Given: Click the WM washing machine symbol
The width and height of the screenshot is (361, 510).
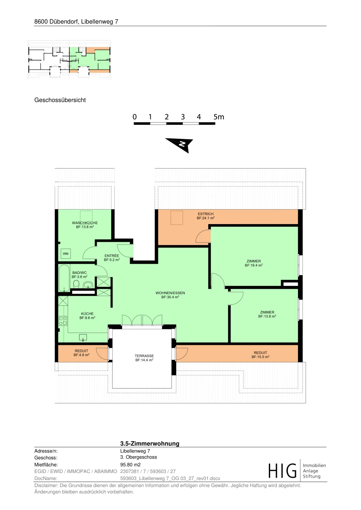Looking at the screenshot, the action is pyautogui.click(x=66, y=254).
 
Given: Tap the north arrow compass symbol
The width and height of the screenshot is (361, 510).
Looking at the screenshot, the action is pyautogui.click(x=180, y=145).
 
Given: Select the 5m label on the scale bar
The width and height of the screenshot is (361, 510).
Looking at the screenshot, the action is pyautogui.click(x=219, y=117).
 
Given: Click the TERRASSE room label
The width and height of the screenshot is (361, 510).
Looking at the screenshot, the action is pyautogui.click(x=144, y=358).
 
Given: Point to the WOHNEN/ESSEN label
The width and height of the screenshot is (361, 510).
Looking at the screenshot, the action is pyautogui.click(x=170, y=295).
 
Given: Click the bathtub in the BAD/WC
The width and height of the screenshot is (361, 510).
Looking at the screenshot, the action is pyautogui.click(x=64, y=278).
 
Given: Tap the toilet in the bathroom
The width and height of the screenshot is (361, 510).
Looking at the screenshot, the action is pyautogui.click(x=76, y=284).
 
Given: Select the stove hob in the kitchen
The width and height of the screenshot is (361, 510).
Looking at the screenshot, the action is pyautogui.click(x=63, y=321).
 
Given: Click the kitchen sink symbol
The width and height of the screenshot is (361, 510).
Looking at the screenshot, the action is pyautogui.click(x=83, y=338).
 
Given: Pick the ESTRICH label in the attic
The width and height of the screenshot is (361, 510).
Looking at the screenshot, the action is pyautogui.click(x=205, y=216).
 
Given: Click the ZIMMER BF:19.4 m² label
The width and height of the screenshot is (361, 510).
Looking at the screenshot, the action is pyautogui.click(x=254, y=263).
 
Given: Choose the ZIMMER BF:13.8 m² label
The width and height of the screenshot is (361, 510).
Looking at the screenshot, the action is pyautogui.click(x=267, y=314).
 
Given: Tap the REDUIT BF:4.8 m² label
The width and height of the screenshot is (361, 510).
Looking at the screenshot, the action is pyautogui.click(x=81, y=353).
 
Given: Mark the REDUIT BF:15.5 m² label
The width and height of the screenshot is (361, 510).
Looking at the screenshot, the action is pyautogui.click(x=260, y=355).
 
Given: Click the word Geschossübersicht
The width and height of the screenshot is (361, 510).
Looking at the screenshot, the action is pyautogui.click(x=60, y=100).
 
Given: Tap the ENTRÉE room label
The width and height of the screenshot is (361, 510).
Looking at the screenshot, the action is pyautogui.click(x=112, y=258).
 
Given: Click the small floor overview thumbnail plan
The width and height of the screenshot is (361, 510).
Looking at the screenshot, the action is pyautogui.click(x=69, y=60).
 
